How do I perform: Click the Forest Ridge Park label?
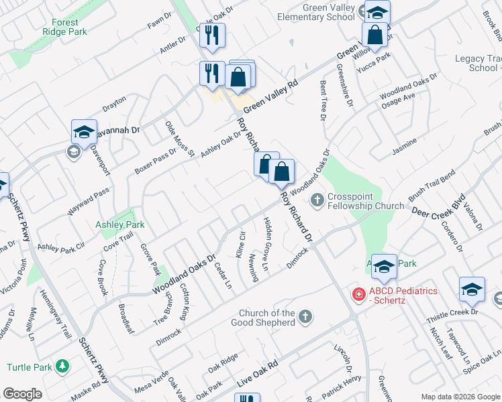point(69,27)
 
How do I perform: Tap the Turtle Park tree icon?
point(62,366)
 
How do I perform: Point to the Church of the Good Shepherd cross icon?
point(305,316)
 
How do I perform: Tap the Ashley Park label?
point(120,225)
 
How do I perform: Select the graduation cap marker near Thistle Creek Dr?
point(472,289)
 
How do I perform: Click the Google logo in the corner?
point(23,393)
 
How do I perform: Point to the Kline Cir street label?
point(242,244)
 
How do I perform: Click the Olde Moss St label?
point(179,138)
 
